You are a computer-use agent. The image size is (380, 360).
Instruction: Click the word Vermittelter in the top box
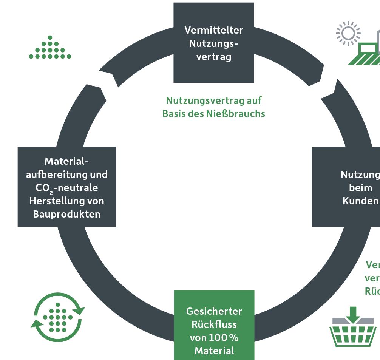[213, 30]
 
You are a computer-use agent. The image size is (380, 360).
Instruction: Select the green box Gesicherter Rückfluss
[214, 325]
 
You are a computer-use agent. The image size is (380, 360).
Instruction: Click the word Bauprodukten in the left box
[66, 214]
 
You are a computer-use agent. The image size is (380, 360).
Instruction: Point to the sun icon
[348, 33]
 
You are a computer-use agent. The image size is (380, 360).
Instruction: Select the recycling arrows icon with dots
[58, 317]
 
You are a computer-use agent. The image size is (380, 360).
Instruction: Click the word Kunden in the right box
[360, 201]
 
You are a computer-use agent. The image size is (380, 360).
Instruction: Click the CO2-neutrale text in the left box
[66, 188]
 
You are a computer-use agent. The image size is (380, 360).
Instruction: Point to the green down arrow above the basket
[353, 314]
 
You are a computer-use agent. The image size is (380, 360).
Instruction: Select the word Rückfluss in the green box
[214, 324]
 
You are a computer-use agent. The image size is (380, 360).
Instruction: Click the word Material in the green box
[214, 351]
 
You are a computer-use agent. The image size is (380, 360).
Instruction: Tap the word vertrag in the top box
[213, 57]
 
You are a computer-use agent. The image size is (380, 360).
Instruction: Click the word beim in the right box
[360, 188]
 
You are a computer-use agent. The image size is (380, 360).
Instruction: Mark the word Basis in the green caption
[175, 113]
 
